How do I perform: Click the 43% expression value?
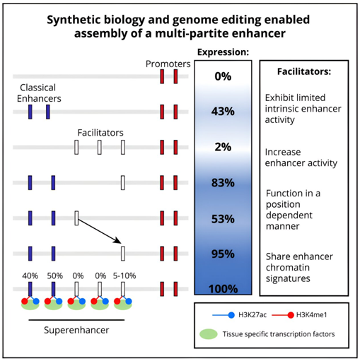click(x=223, y=111)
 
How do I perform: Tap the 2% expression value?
click(x=223, y=147)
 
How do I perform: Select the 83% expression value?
click(x=223, y=182)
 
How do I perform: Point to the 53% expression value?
click(x=223, y=219)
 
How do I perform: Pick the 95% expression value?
click(x=223, y=254)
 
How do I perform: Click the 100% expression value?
click(x=223, y=289)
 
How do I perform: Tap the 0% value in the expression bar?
click(x=223, y=76)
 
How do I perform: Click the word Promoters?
click(x=168, y=64)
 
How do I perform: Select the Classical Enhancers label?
click(x=39, y=93)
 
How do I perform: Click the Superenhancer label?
click(x=76, y=330)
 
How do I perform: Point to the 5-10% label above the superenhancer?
click(x=124, y=276)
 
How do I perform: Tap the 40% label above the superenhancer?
click(x=30, y=276)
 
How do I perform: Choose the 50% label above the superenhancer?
click(x=54, y=276)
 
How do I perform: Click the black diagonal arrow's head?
click(x=118, y=242)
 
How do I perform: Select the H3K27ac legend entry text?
click(x=252, y=315)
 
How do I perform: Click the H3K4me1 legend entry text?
click(x=311, y=315)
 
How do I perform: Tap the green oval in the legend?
click(x=209, y=334)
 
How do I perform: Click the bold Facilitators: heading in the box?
click(x=304, y=71)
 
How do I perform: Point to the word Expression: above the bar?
click(x=223, y=52)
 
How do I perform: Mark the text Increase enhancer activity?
click(x=301, y=158)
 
